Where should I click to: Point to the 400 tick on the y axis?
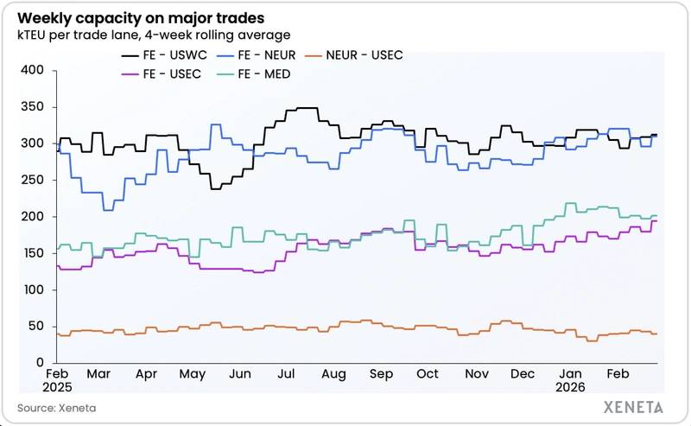coord(32,70)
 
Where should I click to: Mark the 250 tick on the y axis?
coord(32,180)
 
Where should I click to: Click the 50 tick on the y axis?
coord(35,326)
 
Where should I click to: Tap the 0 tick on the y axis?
coord(40,362)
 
